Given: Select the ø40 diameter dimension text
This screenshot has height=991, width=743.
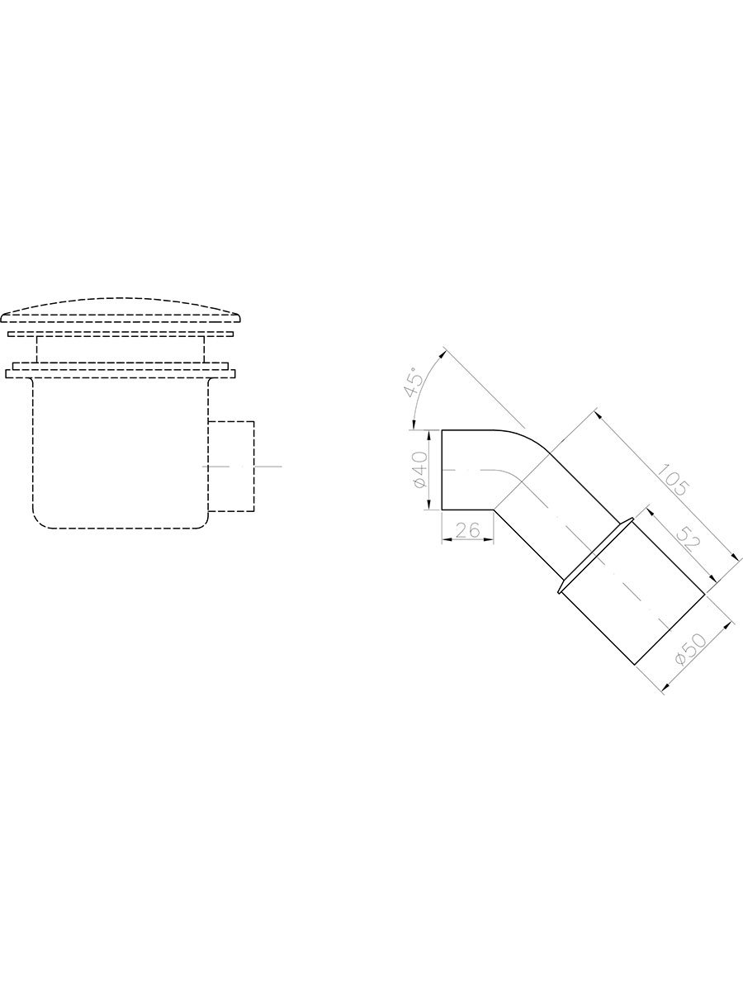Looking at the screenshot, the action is click(x=420, y=470).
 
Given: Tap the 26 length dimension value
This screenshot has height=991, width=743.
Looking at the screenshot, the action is click(x=468, y=530).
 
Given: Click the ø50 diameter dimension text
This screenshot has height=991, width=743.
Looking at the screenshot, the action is click(x=690, y=649).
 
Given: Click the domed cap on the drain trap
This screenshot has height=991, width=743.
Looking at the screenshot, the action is click(x=121, y=311).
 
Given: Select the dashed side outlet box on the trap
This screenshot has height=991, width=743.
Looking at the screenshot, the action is click(x=231, y=467).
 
